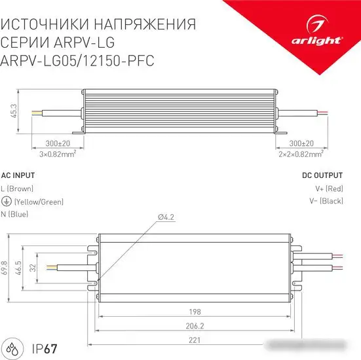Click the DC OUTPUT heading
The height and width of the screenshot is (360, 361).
(x=322, y=175)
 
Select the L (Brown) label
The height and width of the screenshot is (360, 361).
(x=22, y=189)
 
